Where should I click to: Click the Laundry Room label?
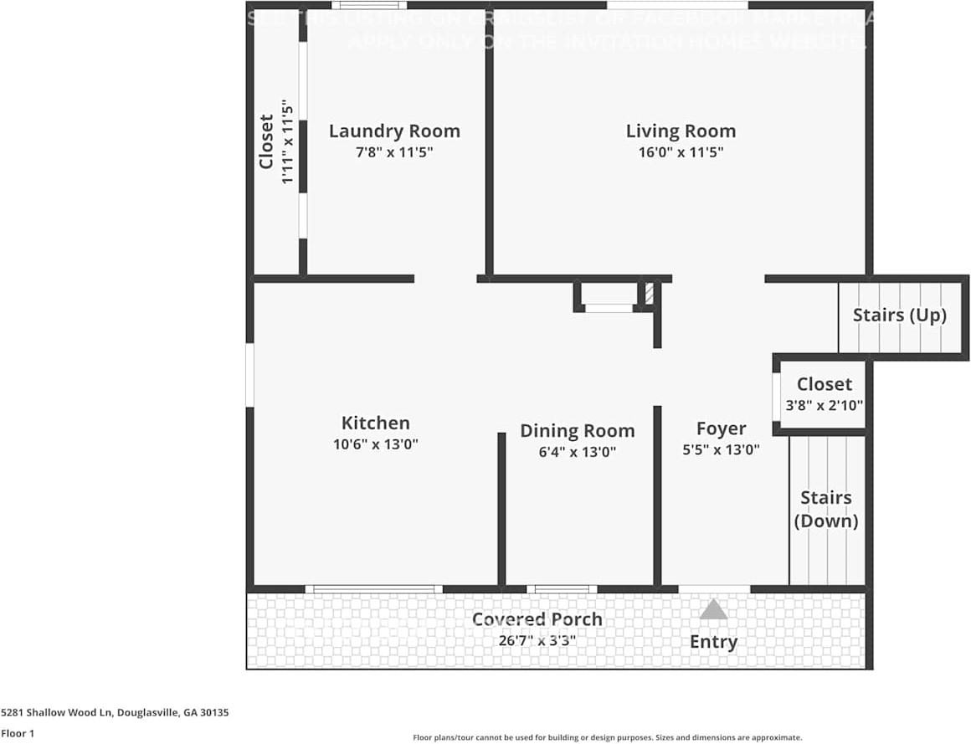coord(394,131)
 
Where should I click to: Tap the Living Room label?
coord(681,131)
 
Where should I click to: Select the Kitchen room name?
coord(375,423)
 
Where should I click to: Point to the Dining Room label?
coord(577,431)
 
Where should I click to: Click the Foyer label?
coord(721,429)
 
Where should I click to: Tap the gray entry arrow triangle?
coord(713,609)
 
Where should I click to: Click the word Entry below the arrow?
coord(713,642)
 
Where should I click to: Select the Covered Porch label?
coord(537,619)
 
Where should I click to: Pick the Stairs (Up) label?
coord(899,316)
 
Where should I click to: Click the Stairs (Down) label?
coord(825,509)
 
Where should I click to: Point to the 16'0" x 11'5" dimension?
coord(681,152)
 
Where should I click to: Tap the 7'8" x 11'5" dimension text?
coord(394,152)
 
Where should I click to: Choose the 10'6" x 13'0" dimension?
coord(375,444)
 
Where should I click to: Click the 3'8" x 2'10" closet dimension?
coord(824,405)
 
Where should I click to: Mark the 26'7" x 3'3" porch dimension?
coord(537,640)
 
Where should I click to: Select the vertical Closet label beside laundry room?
coord(266,141)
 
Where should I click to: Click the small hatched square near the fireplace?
coord(649,294)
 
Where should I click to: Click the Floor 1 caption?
coord(18,733)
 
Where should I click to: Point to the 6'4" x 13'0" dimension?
coord(577,452)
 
